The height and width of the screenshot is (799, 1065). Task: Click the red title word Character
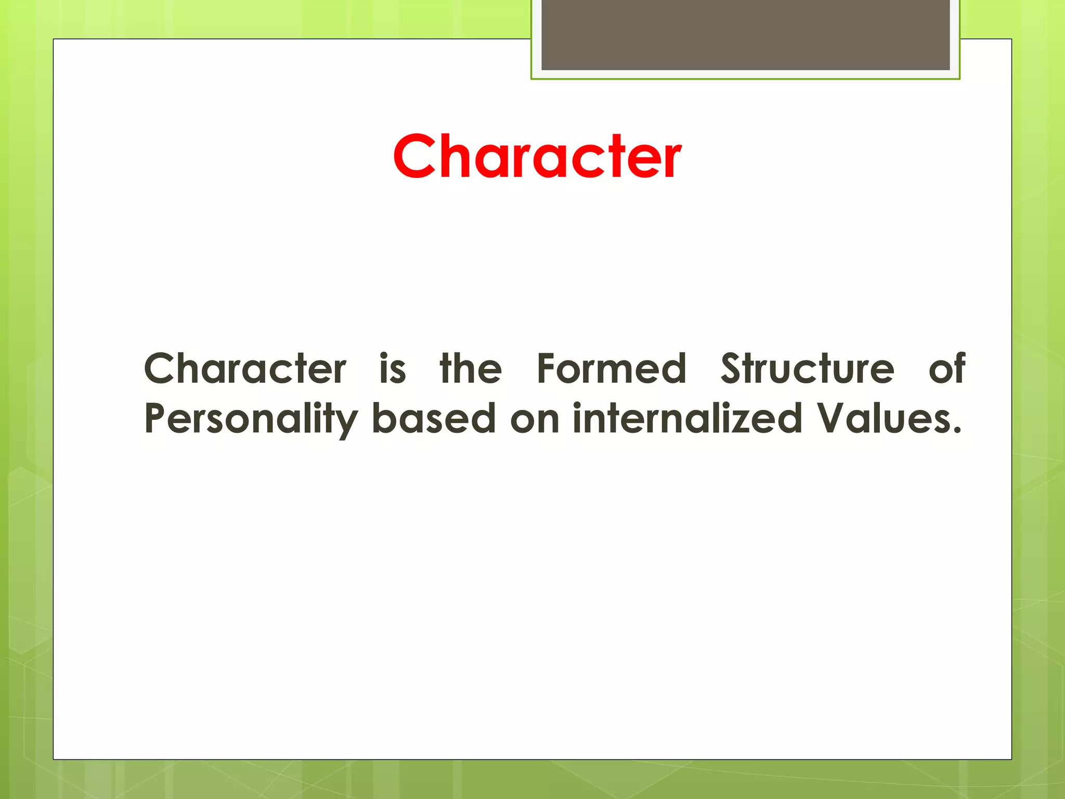point(537,157)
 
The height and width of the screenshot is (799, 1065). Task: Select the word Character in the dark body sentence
point(245,368)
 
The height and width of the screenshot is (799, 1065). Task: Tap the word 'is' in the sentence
point(393,368)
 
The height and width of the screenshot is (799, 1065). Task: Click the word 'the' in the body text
point(471,368)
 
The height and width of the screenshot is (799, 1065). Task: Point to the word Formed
point(612,368)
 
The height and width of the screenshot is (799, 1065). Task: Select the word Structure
point(807,368)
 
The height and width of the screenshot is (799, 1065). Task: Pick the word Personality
point(251,419)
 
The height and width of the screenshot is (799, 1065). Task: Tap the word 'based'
point(434,418)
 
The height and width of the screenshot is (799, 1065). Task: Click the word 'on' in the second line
point(535,419)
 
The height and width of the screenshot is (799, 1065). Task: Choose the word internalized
point(687,418)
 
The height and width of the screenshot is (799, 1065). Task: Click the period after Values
point(956,431)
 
